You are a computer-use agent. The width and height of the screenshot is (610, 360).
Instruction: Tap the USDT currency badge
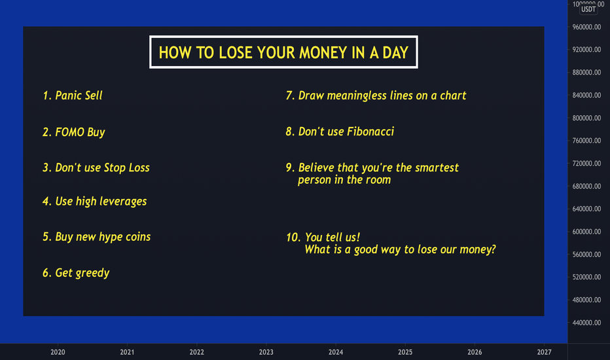(588, 9)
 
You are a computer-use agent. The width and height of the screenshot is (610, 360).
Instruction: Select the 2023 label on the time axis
(266, 352)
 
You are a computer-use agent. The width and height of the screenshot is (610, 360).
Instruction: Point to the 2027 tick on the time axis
(544, 352)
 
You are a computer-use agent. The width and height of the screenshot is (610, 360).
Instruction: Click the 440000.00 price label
(586, 323)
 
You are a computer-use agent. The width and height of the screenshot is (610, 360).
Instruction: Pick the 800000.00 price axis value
(586, 118)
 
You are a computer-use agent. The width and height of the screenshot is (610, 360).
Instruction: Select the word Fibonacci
(370, 132)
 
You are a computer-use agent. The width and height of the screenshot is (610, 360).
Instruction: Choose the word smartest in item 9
(437, 168)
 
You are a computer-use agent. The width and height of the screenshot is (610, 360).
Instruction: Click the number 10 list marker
(293, 238)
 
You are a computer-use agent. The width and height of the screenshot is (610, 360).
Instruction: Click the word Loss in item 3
(139, 168)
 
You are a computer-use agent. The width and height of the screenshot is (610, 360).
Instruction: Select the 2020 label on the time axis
(58, 352)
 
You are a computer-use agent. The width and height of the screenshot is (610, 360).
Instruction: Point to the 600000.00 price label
(586, 232)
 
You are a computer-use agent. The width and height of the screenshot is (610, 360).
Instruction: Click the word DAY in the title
(395, 52)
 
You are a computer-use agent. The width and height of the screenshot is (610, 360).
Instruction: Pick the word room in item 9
(378, 180)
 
